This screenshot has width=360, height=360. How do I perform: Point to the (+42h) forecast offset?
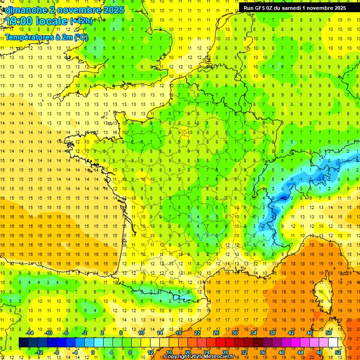coord(81,21)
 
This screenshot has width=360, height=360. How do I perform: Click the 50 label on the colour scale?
coord(328,333)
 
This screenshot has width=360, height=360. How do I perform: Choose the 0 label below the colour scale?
coord(93,352)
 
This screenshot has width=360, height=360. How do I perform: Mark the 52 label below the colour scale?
coord(337,352)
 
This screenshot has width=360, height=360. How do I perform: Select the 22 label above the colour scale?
coord(197,333)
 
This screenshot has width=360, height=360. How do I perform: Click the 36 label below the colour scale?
coord(263,352)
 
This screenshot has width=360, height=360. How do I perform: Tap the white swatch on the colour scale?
coord(333,343)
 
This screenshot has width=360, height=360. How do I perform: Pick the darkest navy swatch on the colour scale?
coord(23,343)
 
